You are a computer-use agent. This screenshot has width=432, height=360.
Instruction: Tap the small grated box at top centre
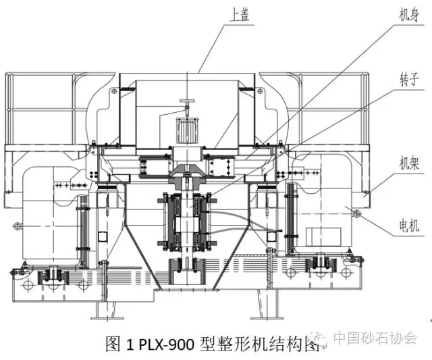[x=183, y=128]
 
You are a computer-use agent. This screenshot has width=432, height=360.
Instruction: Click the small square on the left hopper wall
[x=102, y=236]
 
